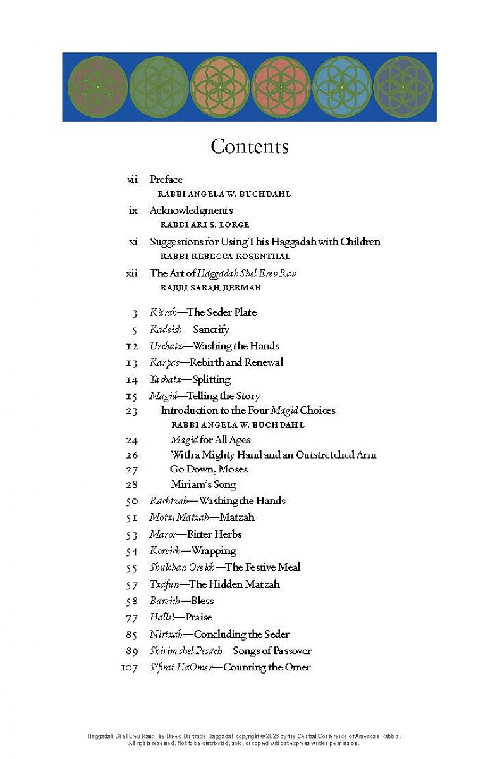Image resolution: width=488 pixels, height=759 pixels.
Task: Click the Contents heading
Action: [x=250, y=147]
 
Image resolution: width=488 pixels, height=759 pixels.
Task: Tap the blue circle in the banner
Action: [x=342, y=87]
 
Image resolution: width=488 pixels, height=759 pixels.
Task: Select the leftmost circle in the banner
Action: [x=97, y=87]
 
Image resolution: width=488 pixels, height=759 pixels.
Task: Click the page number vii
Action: [x=132, y=180]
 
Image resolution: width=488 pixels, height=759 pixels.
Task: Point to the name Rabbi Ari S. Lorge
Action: [x=205, y=225]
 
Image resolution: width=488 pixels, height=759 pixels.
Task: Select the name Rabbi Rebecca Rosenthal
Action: [x=225, y=256]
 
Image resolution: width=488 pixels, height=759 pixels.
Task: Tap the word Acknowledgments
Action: [x=191, y=211]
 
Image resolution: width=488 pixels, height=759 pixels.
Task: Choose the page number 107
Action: [x=129, y=667]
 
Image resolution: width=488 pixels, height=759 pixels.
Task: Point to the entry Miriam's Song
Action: [x=203, y=484]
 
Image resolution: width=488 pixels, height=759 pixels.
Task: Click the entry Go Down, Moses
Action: [x=209, y=469]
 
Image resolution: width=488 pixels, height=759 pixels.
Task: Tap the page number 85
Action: [x=131, y=634]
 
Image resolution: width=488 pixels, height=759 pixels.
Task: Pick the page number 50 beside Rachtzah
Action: [x=131, y=501]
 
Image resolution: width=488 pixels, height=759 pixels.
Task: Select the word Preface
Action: [x=166, y=180]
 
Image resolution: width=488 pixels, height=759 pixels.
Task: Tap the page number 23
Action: [x=131, y=410]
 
